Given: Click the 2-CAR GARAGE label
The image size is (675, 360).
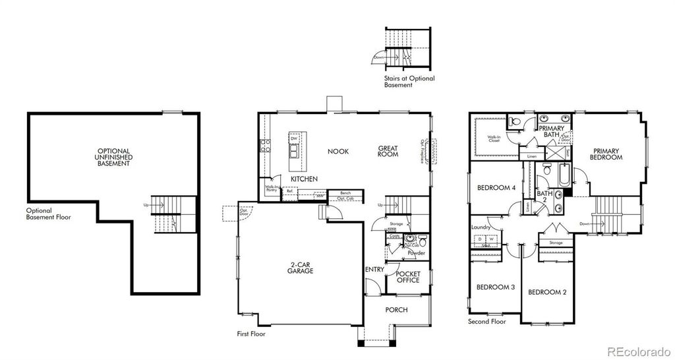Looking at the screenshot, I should pyautogui.click(x=300, y=268).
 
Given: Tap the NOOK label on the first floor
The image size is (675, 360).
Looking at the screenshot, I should pyautogui.click(x=338, y=152).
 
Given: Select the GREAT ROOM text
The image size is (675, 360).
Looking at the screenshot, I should pyautogui.click(x=388, y=151).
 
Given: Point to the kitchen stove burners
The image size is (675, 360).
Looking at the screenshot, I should pyautogui.click(x=265, y=146).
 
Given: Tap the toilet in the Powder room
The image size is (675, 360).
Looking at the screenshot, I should pyautogui.click(x=421, y=241).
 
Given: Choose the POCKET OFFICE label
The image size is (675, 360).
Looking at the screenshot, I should pyautogui.click(x=408, y=277).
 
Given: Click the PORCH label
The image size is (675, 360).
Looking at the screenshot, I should pyautogui.click(x=396, y=310).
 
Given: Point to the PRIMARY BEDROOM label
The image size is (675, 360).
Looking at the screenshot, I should pyautogui.click(x=606, y=154).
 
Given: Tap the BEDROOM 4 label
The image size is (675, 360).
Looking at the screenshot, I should pyautogui.click(x=496, y=187).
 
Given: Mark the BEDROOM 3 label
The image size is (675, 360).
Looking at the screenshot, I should pyautogui.click(x=496, y=287).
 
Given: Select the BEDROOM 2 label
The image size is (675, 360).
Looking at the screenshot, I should pyautogui.click(x=548, y=292).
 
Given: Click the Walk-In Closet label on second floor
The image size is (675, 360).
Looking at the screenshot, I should pyautogui.click(x=494, y=139).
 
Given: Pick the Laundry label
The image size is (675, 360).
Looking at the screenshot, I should pyautogui.click(x=481, y=228).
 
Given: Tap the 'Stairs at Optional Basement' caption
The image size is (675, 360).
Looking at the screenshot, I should pyautogui.click(x=409, y=82).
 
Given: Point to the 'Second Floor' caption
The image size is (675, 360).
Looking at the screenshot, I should pyautogui.click(x=486, y=322).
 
